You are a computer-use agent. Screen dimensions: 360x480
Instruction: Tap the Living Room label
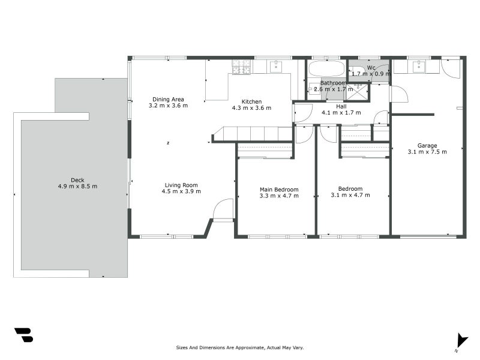click(181, 185)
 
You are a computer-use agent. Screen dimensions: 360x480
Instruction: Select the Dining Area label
click(168, 99)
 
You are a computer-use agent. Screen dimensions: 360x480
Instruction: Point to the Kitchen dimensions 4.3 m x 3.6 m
click(251, 108)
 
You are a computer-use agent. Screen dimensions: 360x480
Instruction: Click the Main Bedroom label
click(278, 189)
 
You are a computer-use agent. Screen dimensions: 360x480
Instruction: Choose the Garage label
click(427, 145)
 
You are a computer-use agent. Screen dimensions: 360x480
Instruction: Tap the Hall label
click(341, 106)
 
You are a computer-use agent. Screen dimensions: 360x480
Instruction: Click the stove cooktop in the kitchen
click(241, 67)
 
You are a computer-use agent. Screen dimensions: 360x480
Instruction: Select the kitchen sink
click(277, 65)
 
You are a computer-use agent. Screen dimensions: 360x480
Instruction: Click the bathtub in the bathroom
click(326, 68)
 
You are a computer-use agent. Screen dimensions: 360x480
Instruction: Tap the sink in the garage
click(416, 66)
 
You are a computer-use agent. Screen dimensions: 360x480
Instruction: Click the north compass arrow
click(461, 340)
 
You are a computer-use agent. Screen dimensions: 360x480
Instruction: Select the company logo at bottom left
click(23, 335)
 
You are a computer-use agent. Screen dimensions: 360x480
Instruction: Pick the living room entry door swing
click(223, 210)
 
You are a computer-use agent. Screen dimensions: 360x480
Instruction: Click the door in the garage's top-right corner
click(450, 68)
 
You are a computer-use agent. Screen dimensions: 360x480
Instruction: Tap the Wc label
click(371, 67)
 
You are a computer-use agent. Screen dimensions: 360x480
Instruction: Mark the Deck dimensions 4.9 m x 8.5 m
click(77, 187)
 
